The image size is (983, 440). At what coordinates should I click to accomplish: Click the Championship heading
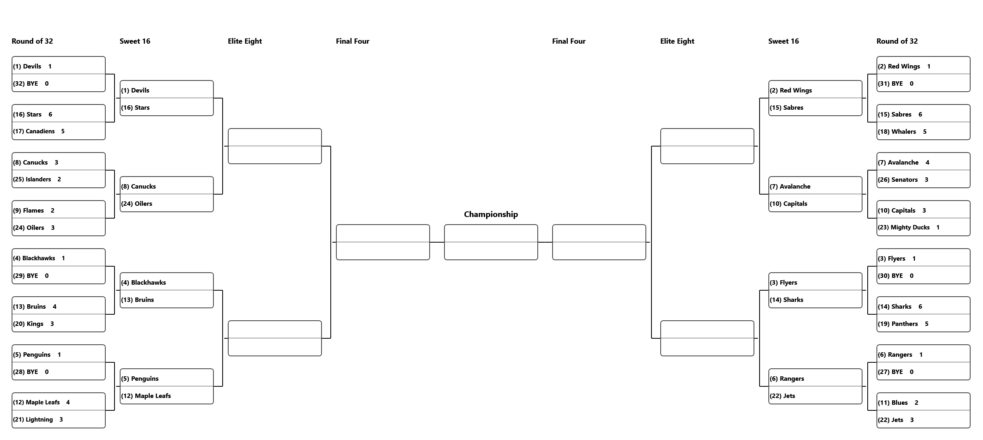[x=490, y=214]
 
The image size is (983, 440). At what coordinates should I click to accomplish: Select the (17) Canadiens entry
[x=34, y=131]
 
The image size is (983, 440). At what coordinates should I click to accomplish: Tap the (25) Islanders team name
[x=32, y=179]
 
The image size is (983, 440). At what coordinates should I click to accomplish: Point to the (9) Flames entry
[x=28, y=211]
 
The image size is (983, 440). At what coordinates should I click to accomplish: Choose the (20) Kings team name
[x=28, y=324]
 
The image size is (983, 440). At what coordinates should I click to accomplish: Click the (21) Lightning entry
[x=33, y=420]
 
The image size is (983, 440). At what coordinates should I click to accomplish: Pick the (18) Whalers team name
[x=897, y=132]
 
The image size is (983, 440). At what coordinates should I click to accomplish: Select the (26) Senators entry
[x=897, y=180]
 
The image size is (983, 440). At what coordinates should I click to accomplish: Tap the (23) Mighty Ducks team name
[x=903, y=227]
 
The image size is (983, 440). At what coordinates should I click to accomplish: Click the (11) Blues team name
[x=893, y=403]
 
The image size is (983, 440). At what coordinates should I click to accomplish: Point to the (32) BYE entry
[x=26, y=84]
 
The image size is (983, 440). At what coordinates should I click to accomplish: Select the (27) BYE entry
[x=890, y=372]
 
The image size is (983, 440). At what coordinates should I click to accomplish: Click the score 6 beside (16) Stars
[x=50, y=115]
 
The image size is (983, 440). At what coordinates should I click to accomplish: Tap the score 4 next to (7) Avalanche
[x=927, y=163]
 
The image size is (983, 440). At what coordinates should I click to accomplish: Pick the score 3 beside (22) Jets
[x=912, y=420]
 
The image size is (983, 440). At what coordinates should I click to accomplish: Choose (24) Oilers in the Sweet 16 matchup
[x=137, y=204]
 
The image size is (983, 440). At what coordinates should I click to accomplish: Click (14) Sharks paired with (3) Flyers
[x=786, y=300]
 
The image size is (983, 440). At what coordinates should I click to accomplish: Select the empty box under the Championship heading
[x=491, y=242]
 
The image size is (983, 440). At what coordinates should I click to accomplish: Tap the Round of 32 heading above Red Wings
[x=897, y=41]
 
